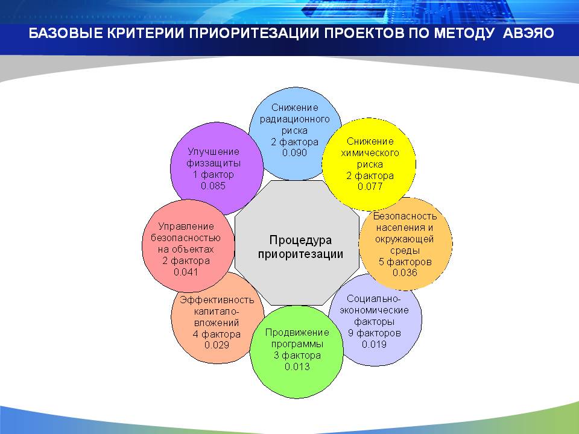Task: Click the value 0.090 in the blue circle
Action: (294, 153)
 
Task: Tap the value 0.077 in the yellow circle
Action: (370, 186)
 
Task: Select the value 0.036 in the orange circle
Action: (405, 272)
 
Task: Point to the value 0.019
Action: (374, 344)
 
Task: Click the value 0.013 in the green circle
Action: (297, 366)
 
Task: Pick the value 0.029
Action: (217, 345)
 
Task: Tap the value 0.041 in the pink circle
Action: (186, 272)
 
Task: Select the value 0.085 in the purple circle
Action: (213, 186)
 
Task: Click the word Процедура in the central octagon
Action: (300, 241)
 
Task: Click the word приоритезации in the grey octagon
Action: (300, 254)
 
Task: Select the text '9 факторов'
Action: (375, 333)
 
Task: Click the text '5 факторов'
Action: (405, 262)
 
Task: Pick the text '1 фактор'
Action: (214, 174)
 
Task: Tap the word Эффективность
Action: (217, 300)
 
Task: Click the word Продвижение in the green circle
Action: (297, 333)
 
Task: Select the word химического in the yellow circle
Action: (370, 153)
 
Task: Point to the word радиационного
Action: (295, 119)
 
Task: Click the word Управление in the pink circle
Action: (186, 227)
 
